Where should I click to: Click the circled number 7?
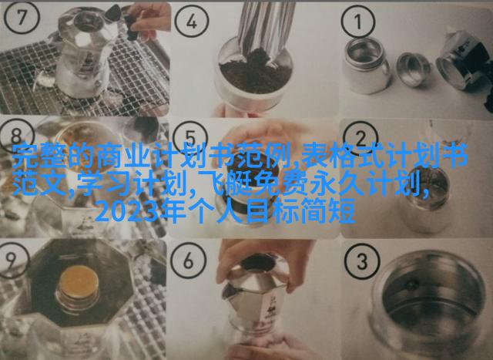pos(22,18)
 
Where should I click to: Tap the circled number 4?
pos(192,22)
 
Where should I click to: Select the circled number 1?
pos(357,22)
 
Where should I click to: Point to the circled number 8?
pos(16,136)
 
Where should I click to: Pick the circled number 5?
pos(190,138)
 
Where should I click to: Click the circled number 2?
pos(361,138)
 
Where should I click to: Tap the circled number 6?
pos(188,261)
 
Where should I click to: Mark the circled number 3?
pos(362,261)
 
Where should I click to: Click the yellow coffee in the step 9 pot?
pos(79,281)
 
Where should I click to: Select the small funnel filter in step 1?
pos(414,69)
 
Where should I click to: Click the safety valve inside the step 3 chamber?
pos(412,285)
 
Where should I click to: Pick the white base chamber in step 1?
pos(366,66)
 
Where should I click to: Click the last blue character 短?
pos(342,211)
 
